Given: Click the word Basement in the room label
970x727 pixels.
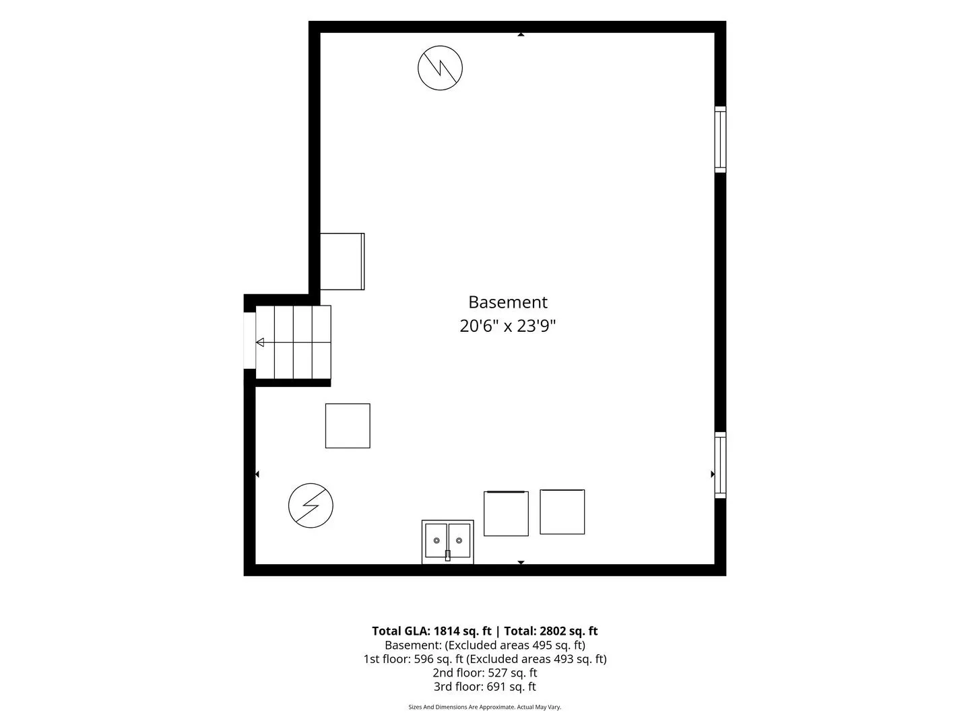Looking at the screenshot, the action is (507, 302).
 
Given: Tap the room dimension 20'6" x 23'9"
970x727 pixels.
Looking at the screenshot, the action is (507, 326).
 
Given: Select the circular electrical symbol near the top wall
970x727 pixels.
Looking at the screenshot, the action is (440, 68).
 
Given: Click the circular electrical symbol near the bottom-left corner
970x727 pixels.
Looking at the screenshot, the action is (311, 506).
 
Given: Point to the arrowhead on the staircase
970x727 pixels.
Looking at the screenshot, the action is (260, 342).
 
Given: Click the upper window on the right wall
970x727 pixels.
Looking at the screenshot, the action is (720, 139).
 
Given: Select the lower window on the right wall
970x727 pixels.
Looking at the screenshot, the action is (720, 465).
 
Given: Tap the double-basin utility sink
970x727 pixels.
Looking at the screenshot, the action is (448, 542).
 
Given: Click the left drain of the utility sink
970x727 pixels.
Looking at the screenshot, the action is (437, 541).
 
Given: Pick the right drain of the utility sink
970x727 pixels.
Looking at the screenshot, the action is (459, 541).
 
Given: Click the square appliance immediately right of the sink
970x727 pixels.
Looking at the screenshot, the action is (506, 514).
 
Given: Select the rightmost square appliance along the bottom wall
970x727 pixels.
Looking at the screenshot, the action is (562, 512).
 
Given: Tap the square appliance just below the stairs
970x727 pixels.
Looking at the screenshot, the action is (348, 425).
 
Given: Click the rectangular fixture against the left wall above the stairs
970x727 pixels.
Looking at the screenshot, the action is (342, 261).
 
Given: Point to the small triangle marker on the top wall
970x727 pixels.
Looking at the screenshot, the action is (521, 34).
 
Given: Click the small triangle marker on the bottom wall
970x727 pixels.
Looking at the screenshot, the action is (521, 562).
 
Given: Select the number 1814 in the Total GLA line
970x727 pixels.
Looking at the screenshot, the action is (447, 631).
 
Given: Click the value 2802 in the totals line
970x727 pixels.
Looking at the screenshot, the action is (552, 631).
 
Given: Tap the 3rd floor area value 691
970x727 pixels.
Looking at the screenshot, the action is (495, 687).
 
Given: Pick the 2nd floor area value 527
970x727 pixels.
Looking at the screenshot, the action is (496, 672).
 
